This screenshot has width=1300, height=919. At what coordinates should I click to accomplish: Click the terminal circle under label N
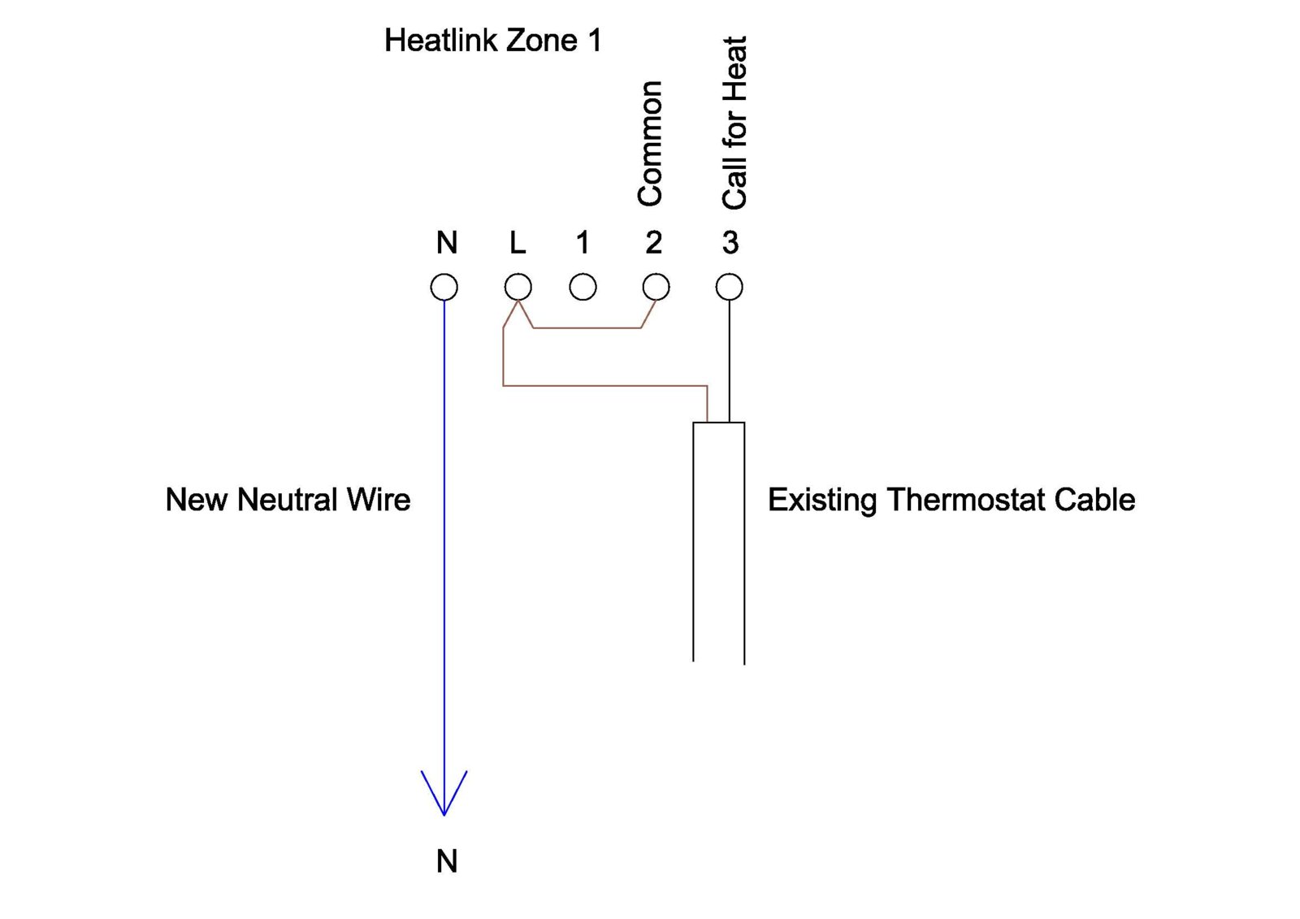tap(444, 287)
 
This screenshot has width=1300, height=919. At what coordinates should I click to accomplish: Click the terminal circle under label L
tap(518, 287)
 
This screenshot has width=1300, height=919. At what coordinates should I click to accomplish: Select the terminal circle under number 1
tap(583, 287)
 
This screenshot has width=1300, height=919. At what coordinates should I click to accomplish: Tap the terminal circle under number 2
tap(656, 287)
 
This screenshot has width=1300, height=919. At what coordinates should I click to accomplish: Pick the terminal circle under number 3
tap(729, 287)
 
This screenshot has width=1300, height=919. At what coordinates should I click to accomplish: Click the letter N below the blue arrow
tap(447, 861)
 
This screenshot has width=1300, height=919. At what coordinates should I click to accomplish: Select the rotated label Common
tap(650, 143)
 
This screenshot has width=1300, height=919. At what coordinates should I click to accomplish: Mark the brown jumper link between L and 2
tap(587, 328)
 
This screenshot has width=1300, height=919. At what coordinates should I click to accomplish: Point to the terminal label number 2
tap(653, 242)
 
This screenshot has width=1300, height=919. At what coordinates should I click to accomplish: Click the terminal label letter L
tap(518, 242)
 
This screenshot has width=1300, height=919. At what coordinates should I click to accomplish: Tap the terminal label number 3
tap(730, 242)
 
